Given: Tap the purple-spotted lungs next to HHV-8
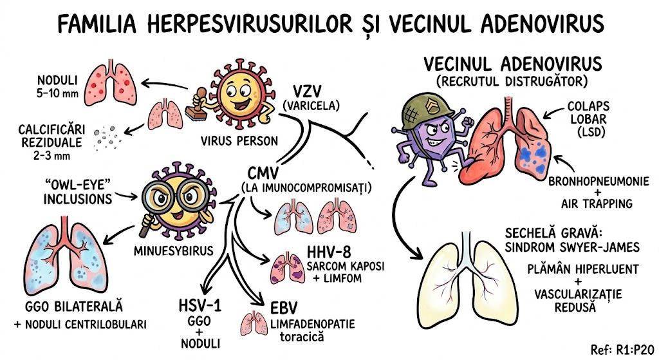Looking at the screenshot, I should pos(284,265).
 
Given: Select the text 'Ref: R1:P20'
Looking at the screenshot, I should pos(622,348).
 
